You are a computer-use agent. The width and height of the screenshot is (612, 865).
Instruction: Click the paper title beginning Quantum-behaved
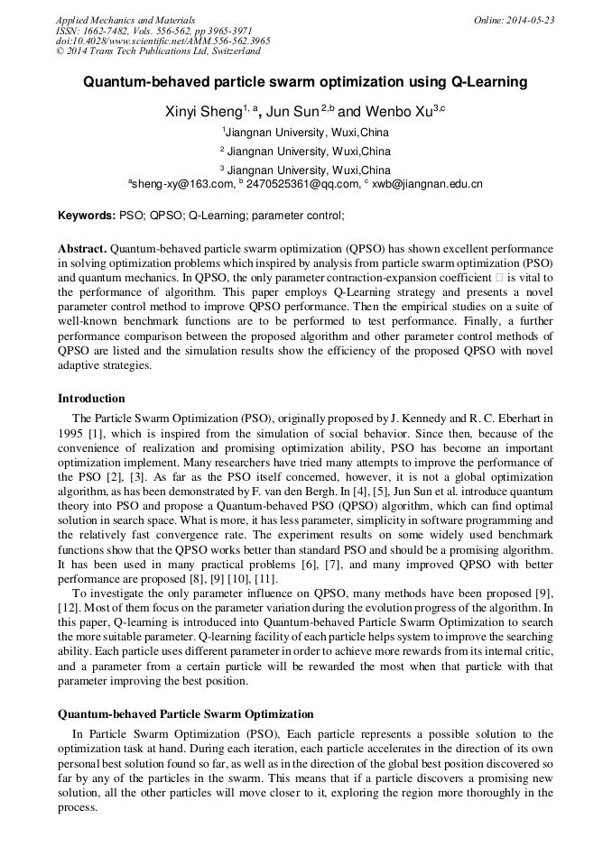pos(305,82)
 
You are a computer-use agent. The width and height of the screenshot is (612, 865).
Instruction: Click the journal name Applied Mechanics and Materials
pos(125,20)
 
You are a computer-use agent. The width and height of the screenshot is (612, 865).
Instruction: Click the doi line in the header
pos(162,41)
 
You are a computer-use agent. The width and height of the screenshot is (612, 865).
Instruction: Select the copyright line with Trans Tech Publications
pos(157,51)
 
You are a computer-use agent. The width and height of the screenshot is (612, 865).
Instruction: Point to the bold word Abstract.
pos(82,248)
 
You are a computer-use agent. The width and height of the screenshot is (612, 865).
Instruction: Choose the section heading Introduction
pos(91,399)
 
